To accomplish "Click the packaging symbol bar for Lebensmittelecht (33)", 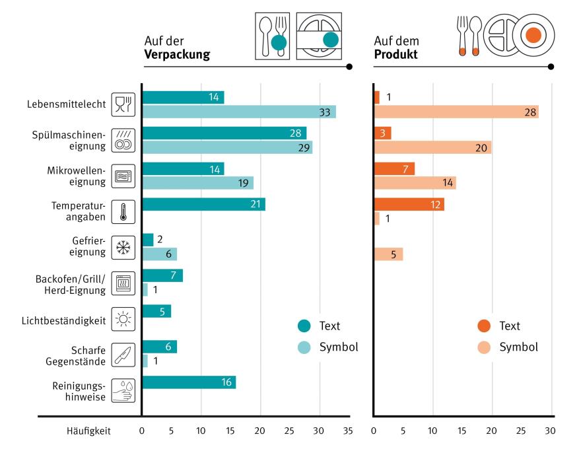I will [238, 112].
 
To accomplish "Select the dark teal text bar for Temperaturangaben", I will [203, 205].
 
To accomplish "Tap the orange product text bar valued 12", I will [409, 205].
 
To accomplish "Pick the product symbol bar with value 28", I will [456, 112].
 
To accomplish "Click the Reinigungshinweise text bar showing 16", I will [188, 382].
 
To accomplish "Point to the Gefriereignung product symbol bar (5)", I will [388, 254].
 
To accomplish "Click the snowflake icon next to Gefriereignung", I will [123, 248].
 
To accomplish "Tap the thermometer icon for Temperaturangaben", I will [123, 212].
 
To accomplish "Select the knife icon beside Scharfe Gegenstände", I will [123, 355].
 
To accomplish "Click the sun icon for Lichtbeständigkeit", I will [123, 319].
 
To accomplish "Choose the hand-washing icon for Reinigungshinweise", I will [123, 390].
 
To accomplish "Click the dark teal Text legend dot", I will [304, 326].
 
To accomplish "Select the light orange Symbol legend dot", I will [484, 347].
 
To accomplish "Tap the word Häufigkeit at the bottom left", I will [88, 431].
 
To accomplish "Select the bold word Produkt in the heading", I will [395, 55].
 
